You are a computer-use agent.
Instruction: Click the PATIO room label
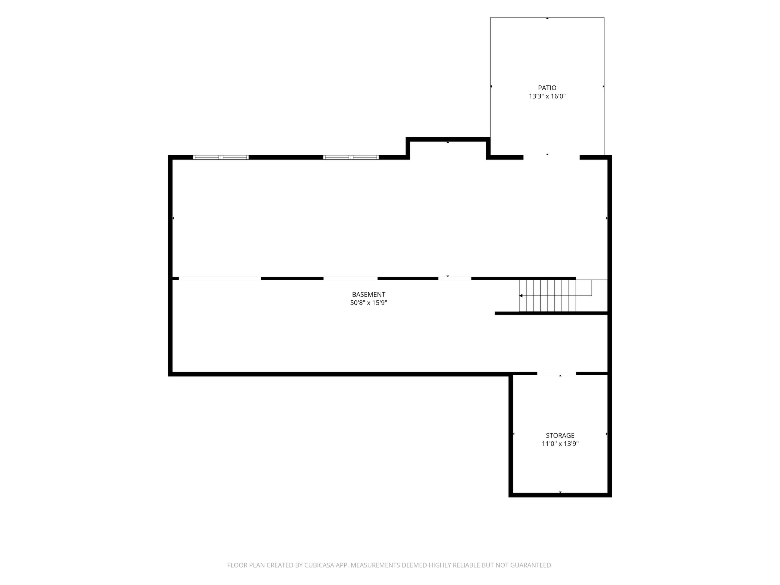click(x=547, y=88)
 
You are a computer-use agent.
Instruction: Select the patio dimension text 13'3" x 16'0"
click(x=547, y=96)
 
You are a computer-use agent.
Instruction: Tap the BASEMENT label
click(x=368, y=294)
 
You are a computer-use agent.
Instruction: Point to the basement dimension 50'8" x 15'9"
click(x=368, y=303)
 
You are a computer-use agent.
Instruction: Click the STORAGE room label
click(x=560, y=436)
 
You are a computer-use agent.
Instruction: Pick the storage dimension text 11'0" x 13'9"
click(x=560, y=444)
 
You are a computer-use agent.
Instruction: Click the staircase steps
click(x=547, y=296)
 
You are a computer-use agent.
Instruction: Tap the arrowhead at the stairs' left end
click(x=521, y=296)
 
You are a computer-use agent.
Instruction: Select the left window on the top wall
click(x=221, y=157)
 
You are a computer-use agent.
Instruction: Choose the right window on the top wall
click(x=351, y=157)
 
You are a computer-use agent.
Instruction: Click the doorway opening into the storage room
click(x=557, y=373)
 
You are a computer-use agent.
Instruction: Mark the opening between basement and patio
click(x=552, y=157)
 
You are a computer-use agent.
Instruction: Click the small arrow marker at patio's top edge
click(x=547, y=18)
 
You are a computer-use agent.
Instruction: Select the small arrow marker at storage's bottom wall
click(x=560, y=492)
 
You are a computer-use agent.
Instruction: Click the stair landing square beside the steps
click(x=591, y=296)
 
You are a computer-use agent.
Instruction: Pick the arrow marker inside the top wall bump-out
click(x=448, y=142)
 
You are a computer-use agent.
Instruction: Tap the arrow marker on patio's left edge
click(x=491, y=86)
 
